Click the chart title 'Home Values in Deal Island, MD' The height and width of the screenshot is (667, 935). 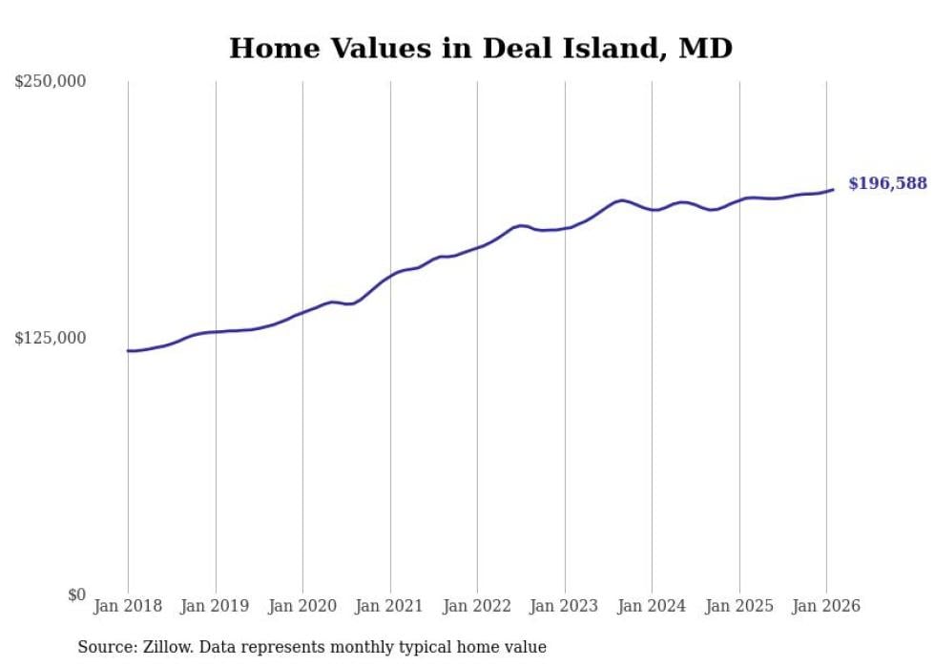point(481,48)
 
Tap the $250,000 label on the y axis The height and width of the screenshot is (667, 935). point(50,82)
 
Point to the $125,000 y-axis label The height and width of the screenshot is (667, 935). point(50,338)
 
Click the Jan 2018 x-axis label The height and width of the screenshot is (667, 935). point(128,607)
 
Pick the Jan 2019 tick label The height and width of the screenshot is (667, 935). point(216,607)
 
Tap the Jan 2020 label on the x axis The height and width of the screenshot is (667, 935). point(302,607)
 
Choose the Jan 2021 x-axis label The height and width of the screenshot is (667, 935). point(390,607)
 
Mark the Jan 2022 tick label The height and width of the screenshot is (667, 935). point(477,607)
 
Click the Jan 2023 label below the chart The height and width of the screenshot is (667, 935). point(565,607)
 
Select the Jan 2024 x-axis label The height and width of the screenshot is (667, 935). point(652,607)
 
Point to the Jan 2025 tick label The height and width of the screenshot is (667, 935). point(739,607)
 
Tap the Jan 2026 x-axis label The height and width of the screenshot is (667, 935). point(826,607)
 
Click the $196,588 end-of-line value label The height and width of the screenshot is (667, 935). point(887,183)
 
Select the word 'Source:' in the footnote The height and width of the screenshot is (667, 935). point(104,647)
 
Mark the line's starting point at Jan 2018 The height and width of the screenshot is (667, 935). point(128,351)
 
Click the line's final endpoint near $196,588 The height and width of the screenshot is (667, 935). point(833,189)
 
